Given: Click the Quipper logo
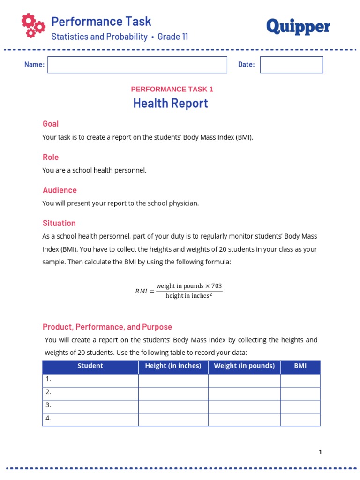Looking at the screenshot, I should (x=298, y=27).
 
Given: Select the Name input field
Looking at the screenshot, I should (x=137, y=65).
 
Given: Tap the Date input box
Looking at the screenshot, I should (x=292, y=65).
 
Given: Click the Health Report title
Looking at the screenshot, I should (x=171, y=103).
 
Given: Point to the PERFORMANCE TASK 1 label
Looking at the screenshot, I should (x=172, y=89).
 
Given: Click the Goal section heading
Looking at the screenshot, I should (x=51, y=124).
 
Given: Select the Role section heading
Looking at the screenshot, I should (x=51, y=157).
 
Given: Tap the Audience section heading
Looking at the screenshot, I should (x=60, y=190).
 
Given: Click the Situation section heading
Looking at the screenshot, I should (x=59, y=223).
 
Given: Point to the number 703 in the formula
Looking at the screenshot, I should (x=216, y=286).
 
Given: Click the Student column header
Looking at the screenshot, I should (x=90, y=366).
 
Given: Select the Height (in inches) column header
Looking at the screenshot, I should (x=173, y=366).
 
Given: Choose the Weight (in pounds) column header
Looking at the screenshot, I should (x=244, y=366).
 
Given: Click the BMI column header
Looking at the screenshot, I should (x=300, y=366).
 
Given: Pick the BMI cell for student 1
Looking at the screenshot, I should (x=300, y=380).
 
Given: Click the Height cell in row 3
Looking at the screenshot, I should (x=173, y=406).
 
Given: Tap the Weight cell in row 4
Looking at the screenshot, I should (x=244, y=419).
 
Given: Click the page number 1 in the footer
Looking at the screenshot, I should (x=320, y=452).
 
